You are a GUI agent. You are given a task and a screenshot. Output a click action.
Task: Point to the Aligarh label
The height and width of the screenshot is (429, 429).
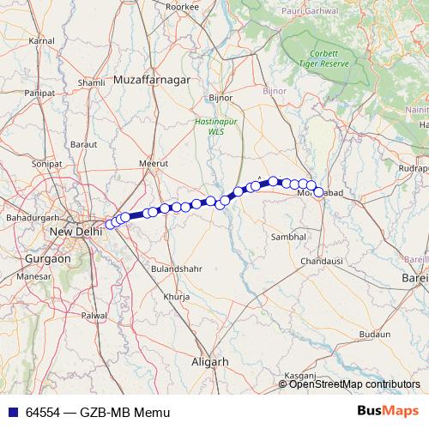[x=209, y=362]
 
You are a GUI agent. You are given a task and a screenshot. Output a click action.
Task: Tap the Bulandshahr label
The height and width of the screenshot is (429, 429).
[x=177, y=269]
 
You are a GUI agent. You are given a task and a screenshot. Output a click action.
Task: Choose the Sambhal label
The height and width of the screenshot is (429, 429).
[x=288, y=236]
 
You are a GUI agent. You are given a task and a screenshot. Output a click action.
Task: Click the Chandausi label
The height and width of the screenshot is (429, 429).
[x=322, y=259]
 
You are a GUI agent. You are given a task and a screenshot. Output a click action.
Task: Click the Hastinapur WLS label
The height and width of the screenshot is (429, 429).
[x=211, y=126]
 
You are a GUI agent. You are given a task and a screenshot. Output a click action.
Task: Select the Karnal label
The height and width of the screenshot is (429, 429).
[x=41, y=40]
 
